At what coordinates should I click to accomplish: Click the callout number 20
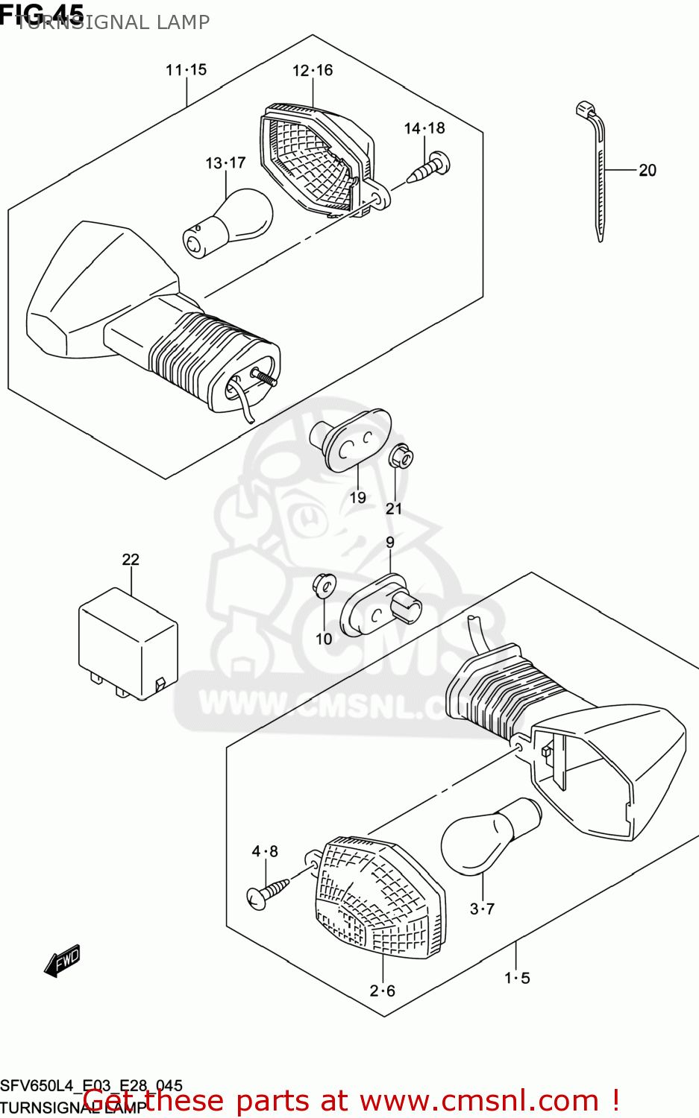point(647,171)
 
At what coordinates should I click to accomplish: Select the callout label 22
point(131,560)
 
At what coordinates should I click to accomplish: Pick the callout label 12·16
point(312,71)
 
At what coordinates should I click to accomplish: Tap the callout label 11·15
point(186,70)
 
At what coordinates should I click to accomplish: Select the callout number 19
point(358,497)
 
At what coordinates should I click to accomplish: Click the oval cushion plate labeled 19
point(356,442)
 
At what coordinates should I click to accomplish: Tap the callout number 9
point(390,543)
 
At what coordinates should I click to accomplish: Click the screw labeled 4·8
point(268,891)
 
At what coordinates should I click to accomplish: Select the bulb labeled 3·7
point(489,834)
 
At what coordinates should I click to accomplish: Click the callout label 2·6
point(383,991)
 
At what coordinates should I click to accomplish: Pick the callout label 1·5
point(517,978)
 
